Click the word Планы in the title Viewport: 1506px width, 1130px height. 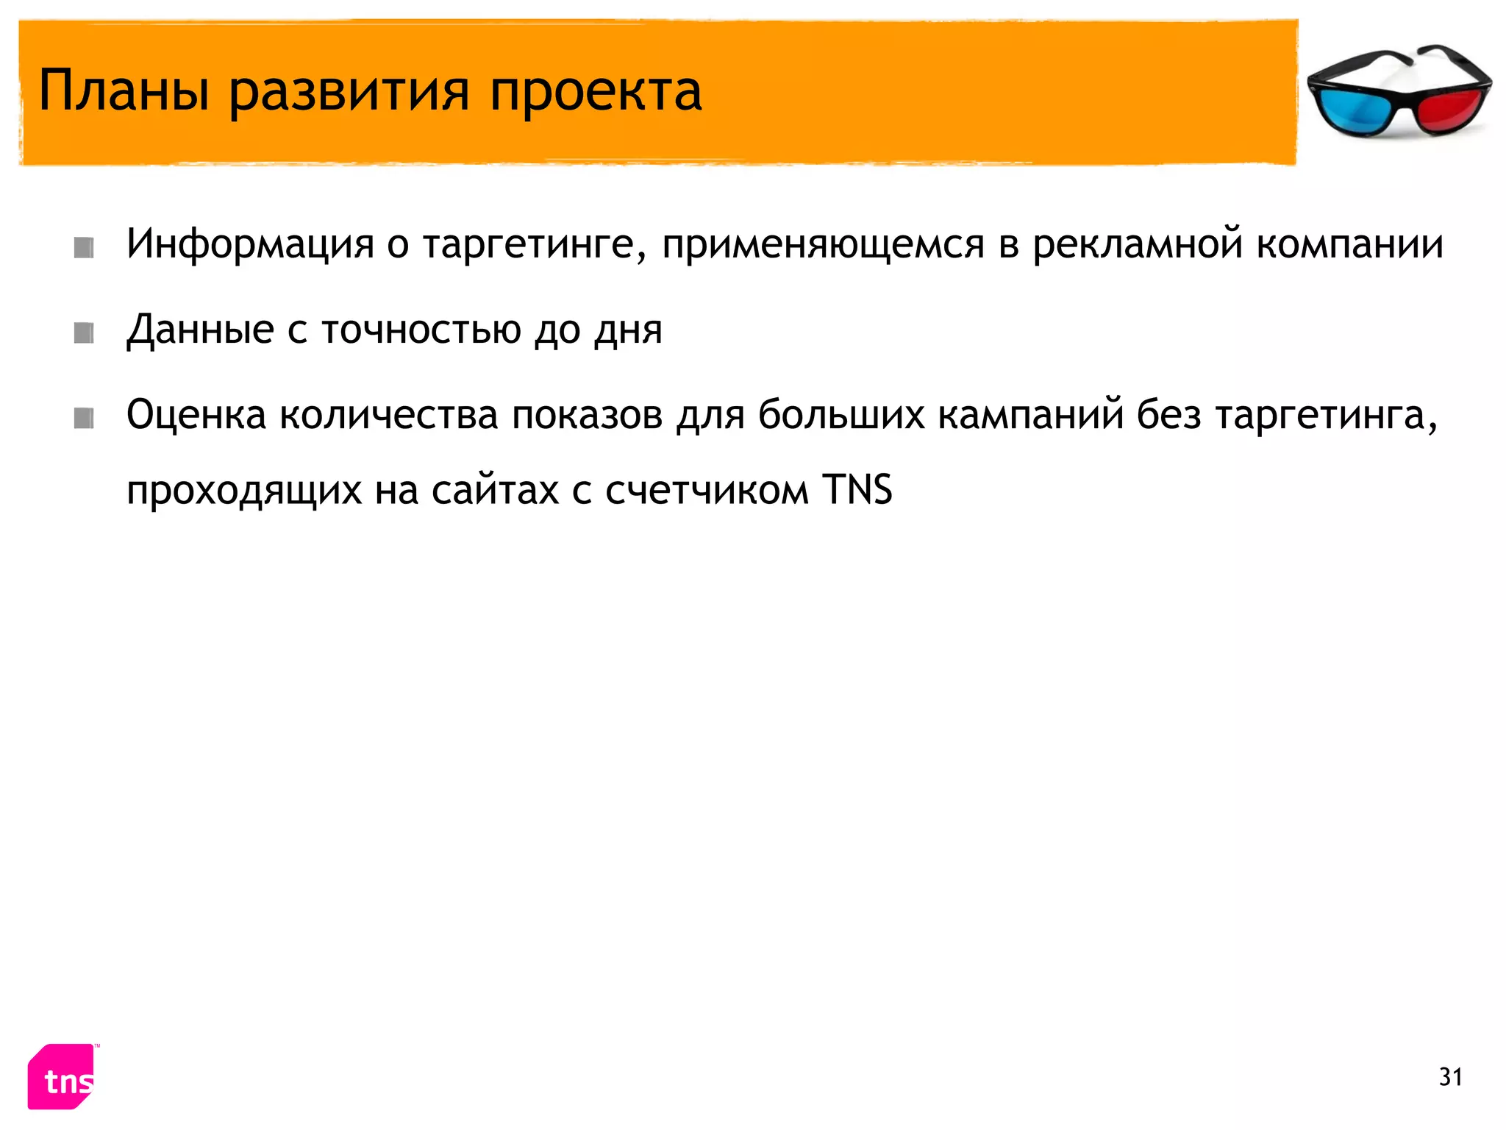(124, 91)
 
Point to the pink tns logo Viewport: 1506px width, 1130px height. (63, 1077)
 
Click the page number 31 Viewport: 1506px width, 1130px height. (1450, 1077)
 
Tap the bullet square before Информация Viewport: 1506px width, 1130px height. (84, 248)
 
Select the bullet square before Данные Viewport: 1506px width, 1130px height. (84, 333)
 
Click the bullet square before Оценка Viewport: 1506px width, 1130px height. (84, 419)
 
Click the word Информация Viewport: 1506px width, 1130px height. (250, 244)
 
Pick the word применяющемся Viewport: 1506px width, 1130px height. (823, 244)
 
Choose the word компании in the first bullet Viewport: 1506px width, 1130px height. (1350, 244)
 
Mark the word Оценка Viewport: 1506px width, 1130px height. (196, 415)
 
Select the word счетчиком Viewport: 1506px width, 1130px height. (707, 490)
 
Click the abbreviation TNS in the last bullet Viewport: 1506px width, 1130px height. (857, 490)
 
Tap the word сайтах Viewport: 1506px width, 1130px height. (495, 490)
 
